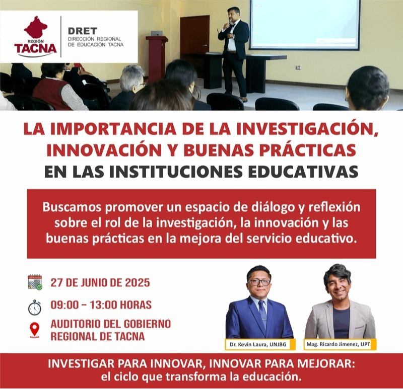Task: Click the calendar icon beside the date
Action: [35, 282]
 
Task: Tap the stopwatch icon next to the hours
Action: [35, 307]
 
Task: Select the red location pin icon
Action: [35, 330]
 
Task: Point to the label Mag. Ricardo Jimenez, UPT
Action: [338, 344]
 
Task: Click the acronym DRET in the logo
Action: [83, 31]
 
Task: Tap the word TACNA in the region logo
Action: [35, 48]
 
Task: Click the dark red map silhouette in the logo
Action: [36, 28]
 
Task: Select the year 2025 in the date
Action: [138, 283]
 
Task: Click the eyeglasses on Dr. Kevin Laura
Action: [259, 282]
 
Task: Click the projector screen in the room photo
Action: [305, 24]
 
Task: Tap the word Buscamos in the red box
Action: [72, 207]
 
